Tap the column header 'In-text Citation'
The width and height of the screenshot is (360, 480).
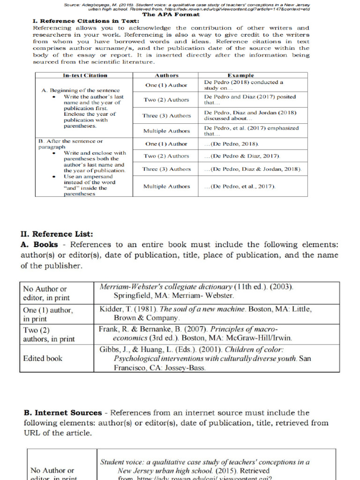click(x=85, y=75)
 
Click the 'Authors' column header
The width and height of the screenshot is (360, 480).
click(x=166, y=75)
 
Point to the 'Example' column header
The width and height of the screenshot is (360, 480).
click(x=240, y=75)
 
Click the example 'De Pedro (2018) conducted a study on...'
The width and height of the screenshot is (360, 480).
click(x=243, y=85)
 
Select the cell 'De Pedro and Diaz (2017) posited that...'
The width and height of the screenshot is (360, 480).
click(x=250, y=99)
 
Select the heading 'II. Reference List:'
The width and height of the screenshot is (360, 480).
click(x=57, y=234)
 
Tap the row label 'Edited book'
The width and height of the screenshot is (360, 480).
click(x=43, y=358)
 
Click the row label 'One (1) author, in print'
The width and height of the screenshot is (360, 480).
click(x=48, y=314)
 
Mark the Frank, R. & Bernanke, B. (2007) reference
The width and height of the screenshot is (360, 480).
click(x=195, y=333)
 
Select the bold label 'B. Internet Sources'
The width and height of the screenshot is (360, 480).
click(x=63, y=412)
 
